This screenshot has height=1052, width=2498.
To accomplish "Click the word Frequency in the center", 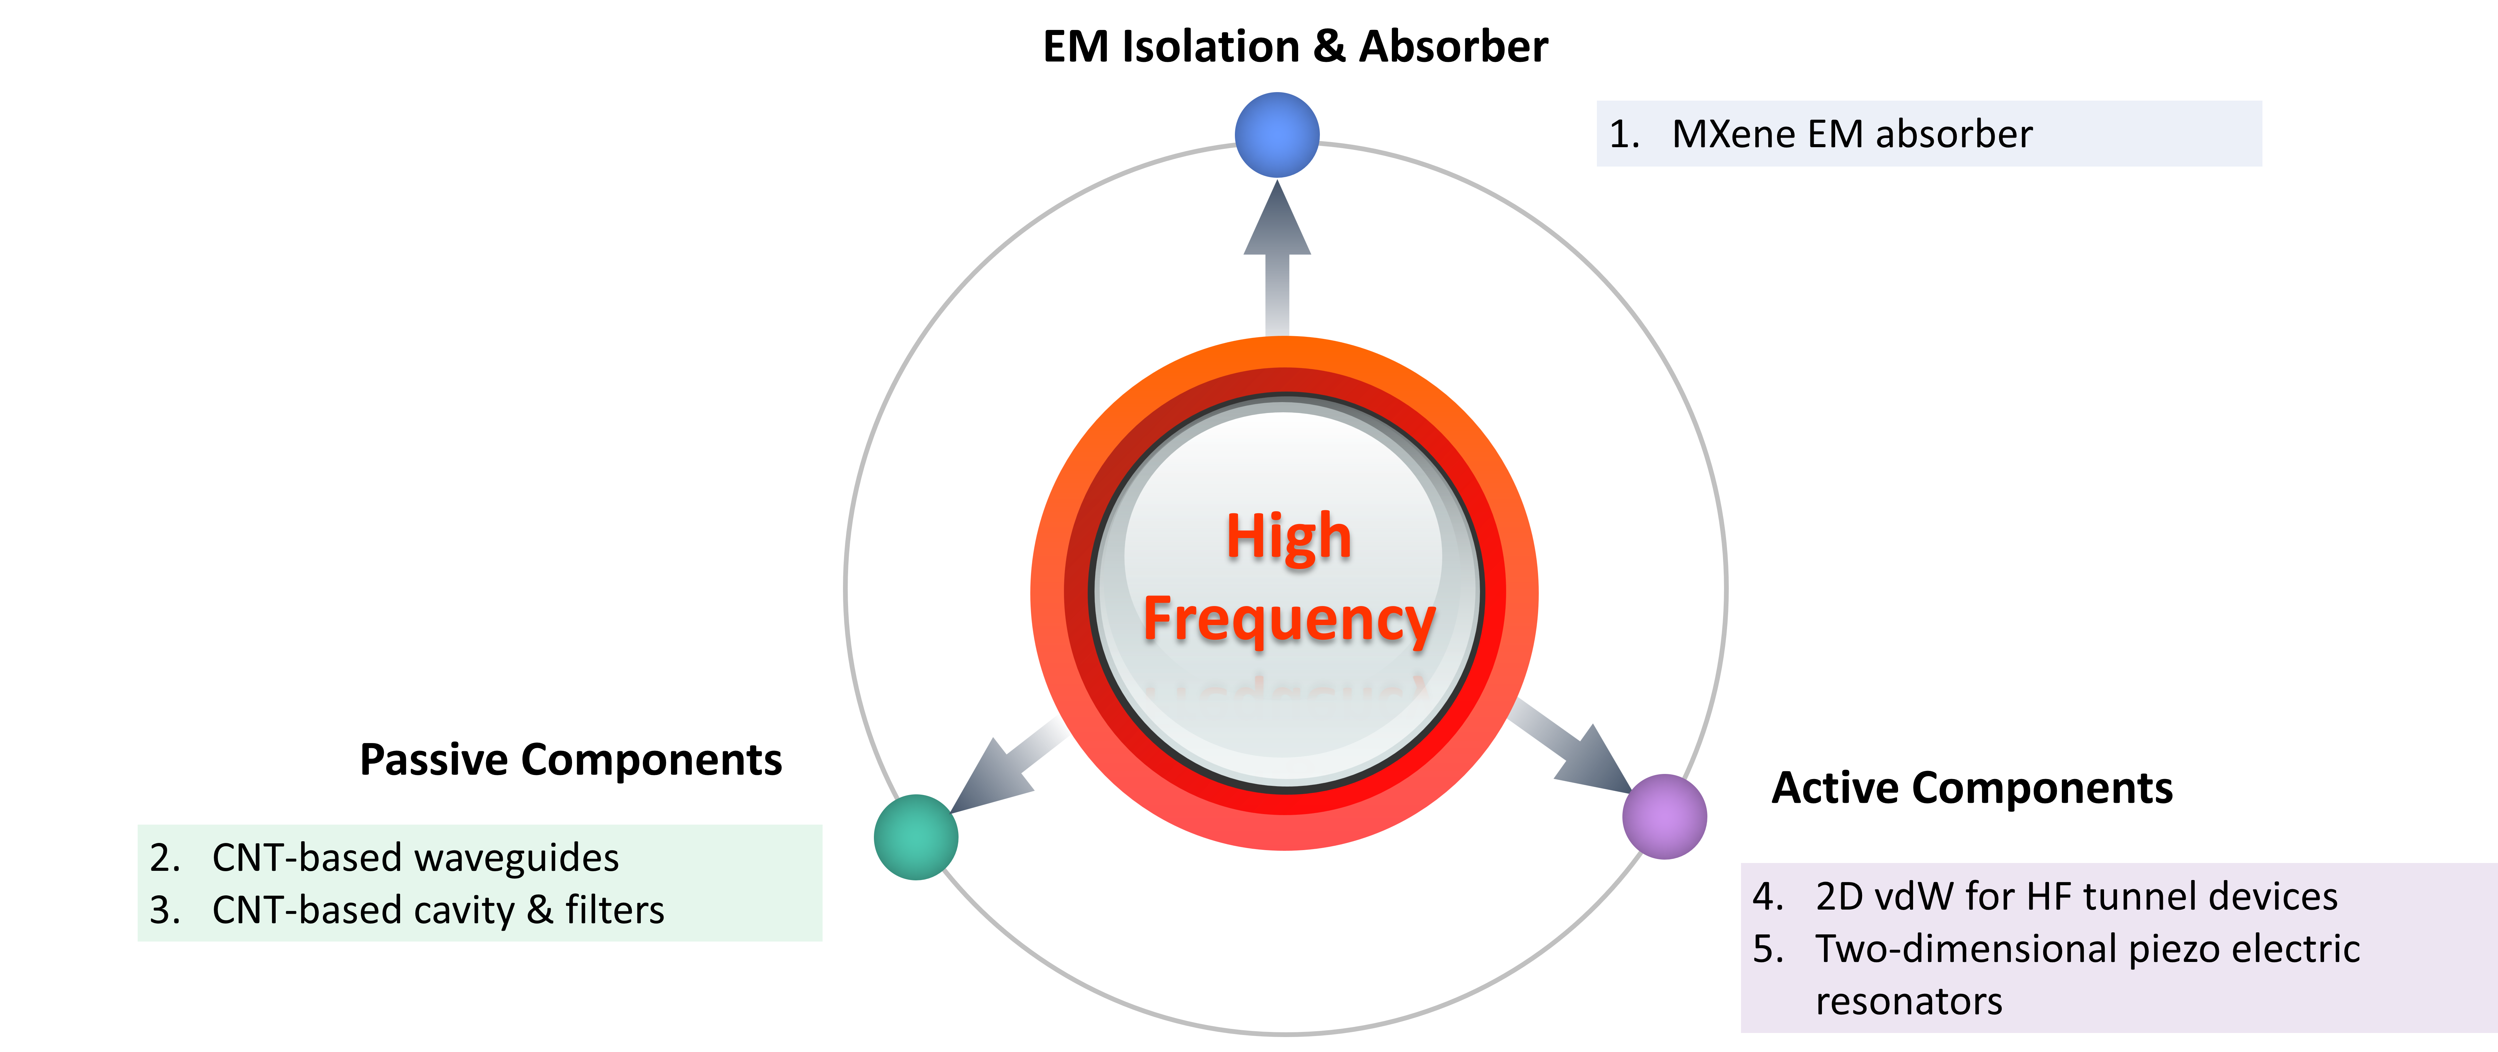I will (1288, 621).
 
